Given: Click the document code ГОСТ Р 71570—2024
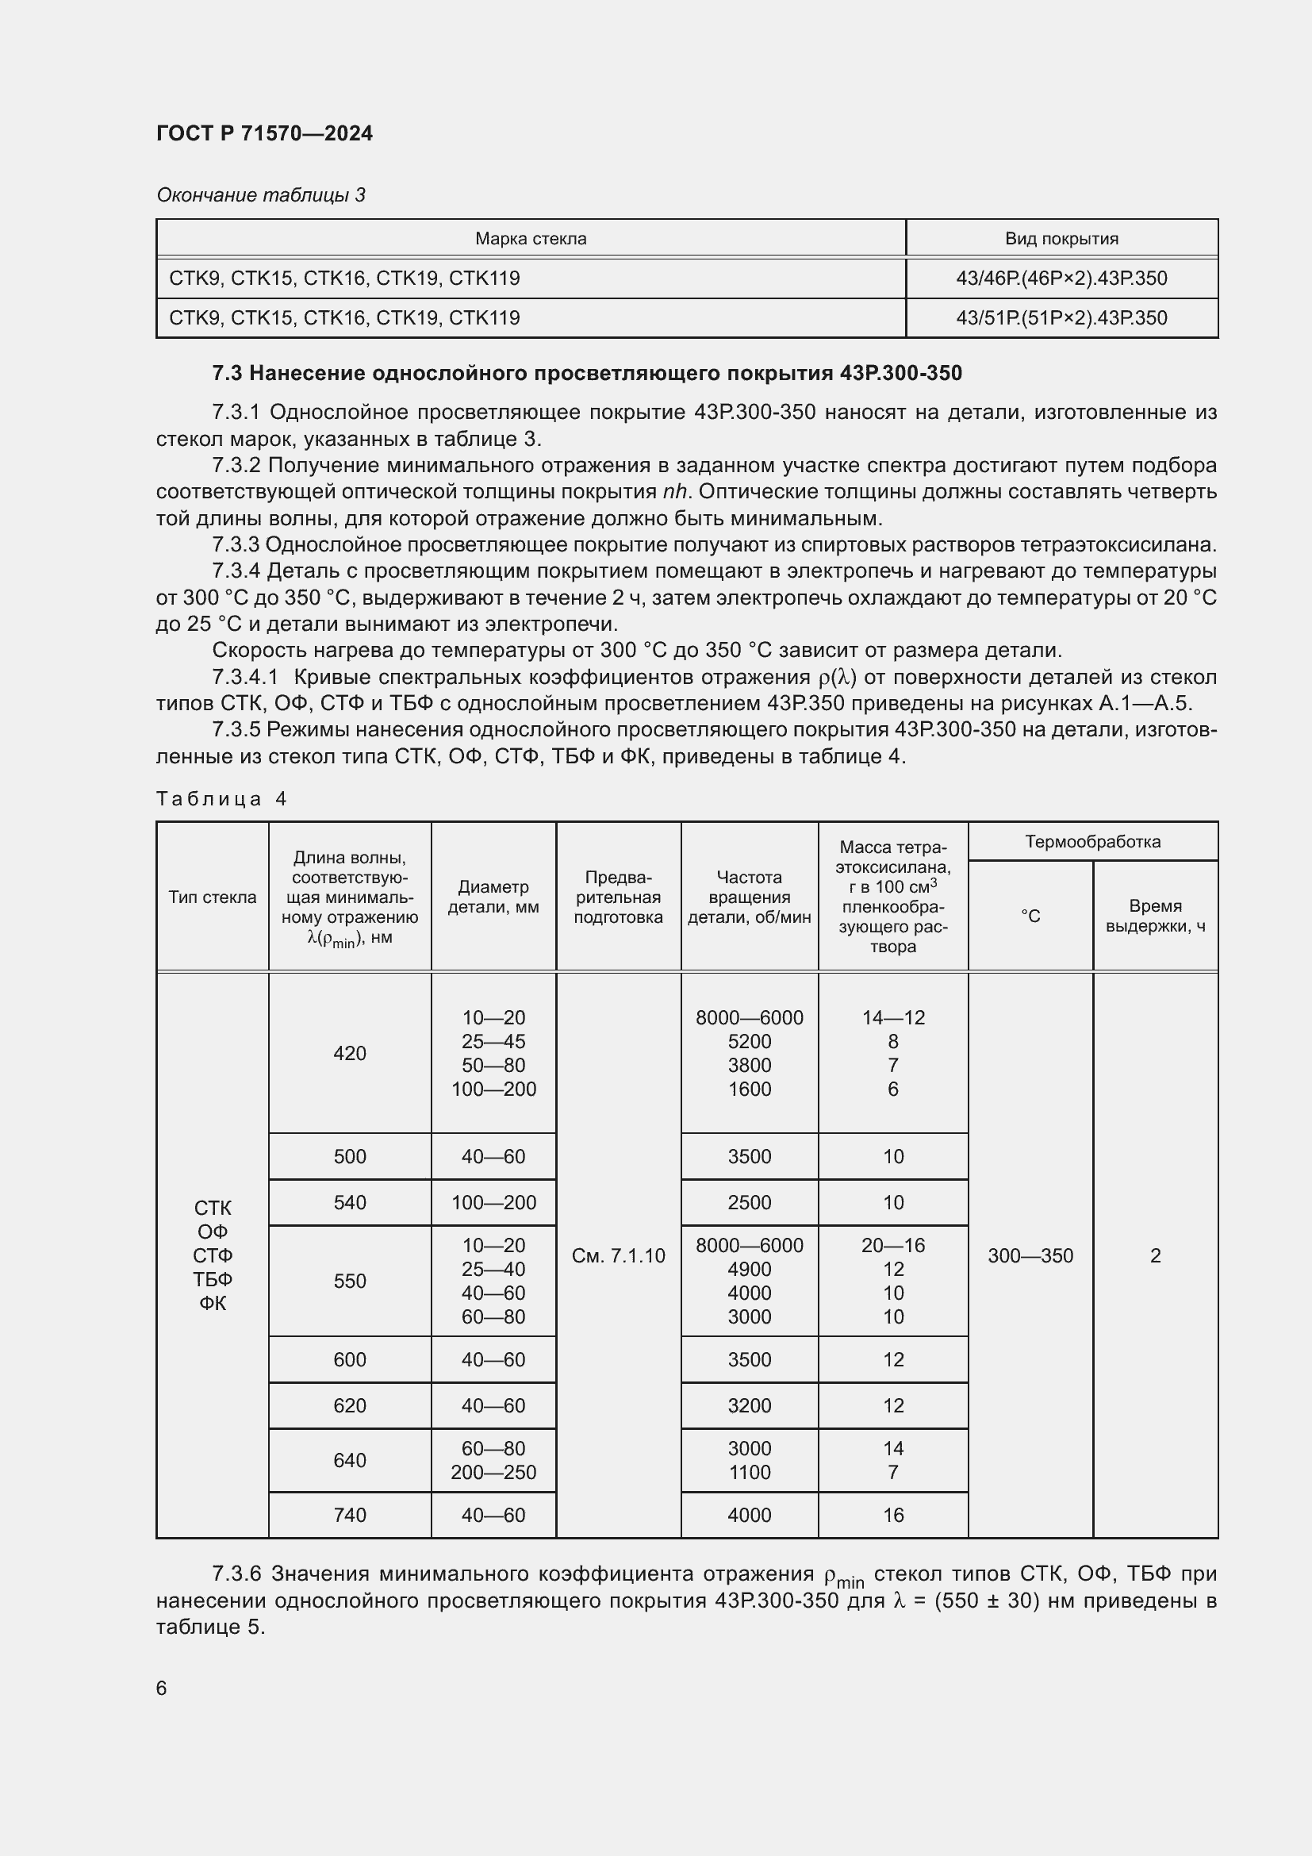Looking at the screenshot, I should click(264, 133).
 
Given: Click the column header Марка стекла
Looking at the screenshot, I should click(530, 239).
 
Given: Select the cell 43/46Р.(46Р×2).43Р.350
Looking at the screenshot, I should click(1061, 278).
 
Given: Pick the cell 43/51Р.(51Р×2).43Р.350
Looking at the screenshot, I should click(1061, 317).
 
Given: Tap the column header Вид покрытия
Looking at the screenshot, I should click(1061, 239).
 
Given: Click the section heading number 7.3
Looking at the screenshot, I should click(227, 373).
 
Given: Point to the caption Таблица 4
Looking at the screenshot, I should click(221, 799).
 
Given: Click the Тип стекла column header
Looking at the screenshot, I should click(213, 897).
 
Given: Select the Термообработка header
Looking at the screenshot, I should click(1092, 841).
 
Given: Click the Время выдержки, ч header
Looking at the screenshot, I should click(1154, 916).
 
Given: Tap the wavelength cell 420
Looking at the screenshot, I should click(349, 1052).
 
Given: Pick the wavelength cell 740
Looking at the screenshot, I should click(349, 1515).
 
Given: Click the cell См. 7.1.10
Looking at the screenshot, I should click(618, 1255).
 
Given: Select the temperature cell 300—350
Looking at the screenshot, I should click(1030, 1255).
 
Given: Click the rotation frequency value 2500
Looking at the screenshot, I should click(749, 1202).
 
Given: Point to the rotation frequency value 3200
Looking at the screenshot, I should click(749, 1405).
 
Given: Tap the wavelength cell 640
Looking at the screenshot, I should click(349, 1460).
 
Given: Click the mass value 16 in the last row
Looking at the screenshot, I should click(892, 1515).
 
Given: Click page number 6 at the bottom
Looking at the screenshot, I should click(162, 1688).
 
